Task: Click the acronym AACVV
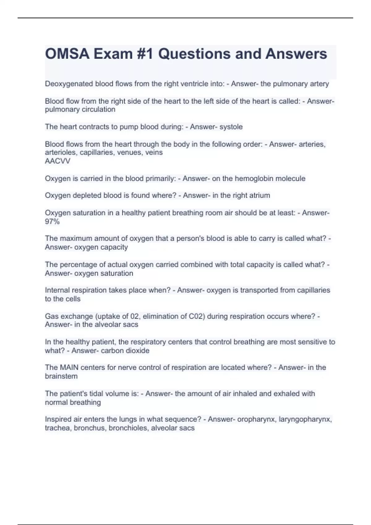pyautogui.click(x=58, y=161)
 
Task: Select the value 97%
pyautogui.click(x=52, y=221)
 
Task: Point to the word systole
pyautogui.click(x=231, y=127)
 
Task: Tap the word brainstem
pyautogui.click(x=61, y=376)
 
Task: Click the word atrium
pyautogui.click(x=259, y=195)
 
